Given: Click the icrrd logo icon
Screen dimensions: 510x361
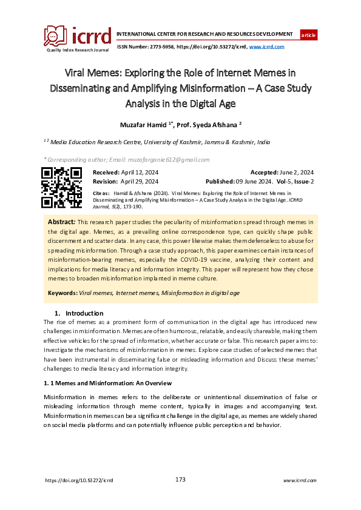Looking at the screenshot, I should [55, 36].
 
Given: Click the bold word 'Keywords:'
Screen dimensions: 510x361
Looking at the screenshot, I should [63, 293].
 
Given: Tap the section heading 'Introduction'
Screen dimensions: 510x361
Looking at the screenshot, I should [85, 313].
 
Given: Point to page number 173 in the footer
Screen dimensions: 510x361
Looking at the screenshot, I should [180, 480].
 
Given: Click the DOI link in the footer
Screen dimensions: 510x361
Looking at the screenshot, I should [79, 480].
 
